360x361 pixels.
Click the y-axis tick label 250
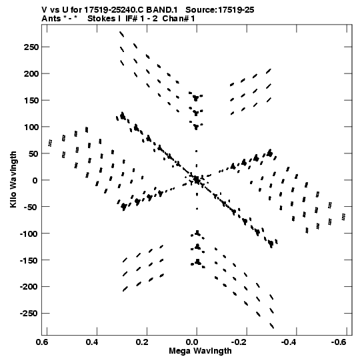pos(31,47)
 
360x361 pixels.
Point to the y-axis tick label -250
pos(29,314)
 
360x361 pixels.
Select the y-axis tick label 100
pos(31,127)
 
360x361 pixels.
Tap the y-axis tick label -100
pos(29,234)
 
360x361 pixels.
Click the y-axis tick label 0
pos(35,180)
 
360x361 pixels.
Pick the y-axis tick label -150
pos(29,260)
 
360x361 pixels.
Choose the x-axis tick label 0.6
pos(43,342)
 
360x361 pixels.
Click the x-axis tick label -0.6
pos(339,342)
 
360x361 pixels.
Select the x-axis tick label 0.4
pos(93,342)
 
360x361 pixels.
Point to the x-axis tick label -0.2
pos(239,342)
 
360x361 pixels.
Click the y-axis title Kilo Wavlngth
pos(13,179)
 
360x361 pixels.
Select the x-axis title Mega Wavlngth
pos(200,351)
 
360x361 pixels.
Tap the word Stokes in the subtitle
pos(102,19)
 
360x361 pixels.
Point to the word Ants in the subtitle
pos(51,19)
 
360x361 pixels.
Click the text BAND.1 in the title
pos(162,10)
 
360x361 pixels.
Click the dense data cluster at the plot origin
pos(197,179)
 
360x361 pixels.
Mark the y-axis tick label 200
pos(31,73)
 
